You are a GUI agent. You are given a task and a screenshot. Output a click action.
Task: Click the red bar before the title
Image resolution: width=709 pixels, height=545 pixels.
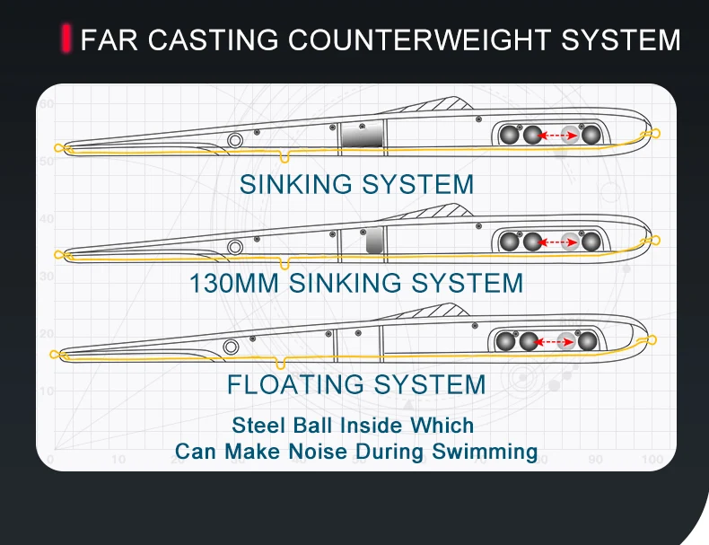(x=66, y=40)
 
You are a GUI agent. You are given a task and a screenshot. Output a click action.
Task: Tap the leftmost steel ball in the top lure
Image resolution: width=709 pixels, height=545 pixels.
(x=511, y=136)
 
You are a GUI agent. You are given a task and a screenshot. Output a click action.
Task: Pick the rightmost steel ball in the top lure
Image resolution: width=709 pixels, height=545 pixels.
(x=591, y=136)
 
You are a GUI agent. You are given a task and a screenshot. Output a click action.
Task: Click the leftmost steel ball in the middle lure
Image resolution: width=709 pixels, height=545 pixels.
(x=511, y=242)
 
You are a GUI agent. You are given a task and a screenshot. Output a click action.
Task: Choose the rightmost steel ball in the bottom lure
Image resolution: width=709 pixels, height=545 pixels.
(x=587, y=341)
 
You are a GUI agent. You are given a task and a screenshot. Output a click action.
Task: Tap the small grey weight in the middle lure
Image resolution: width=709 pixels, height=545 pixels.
(x=375, y=239)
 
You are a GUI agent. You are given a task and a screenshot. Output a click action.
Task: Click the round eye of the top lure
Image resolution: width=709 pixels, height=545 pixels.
(x=235, y=139)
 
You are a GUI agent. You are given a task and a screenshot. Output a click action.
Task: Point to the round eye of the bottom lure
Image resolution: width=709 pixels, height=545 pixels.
(x=232, y=346)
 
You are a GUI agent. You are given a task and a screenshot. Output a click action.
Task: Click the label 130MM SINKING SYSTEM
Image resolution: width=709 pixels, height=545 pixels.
(x=355, y=284)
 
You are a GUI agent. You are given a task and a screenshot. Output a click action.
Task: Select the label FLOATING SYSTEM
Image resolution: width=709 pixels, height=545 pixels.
(x=355, y=385)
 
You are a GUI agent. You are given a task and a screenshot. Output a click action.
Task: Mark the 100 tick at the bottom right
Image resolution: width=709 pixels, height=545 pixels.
(x=652, y=460)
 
